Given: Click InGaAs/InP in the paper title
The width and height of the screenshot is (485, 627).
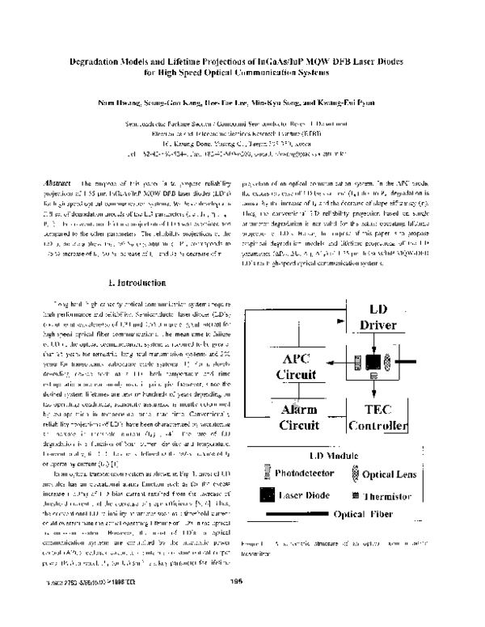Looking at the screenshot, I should [x=263, y=61].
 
